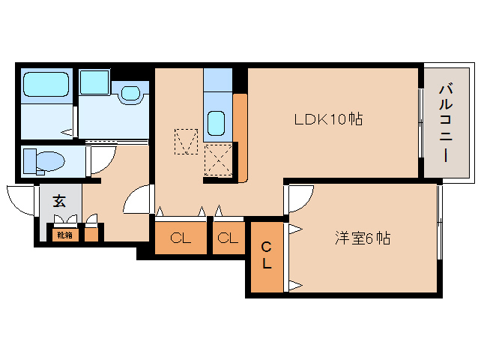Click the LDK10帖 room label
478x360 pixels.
click(328, 118)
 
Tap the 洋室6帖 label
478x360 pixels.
click(361, 238)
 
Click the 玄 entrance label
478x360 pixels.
click(58, 201)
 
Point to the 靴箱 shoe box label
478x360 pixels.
click(64, 235)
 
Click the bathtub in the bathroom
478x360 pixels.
click(46, 83)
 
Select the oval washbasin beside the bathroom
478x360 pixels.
click(131, 94)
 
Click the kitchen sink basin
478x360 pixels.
click(216, 121)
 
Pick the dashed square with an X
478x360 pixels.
click(218, 159)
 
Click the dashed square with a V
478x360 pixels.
click(186, 141)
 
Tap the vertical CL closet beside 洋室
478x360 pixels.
click(266, 256)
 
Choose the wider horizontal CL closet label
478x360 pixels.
click(180, 239)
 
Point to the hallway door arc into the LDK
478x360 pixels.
click(137, 201)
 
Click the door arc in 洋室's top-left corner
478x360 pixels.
click(300, 196)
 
